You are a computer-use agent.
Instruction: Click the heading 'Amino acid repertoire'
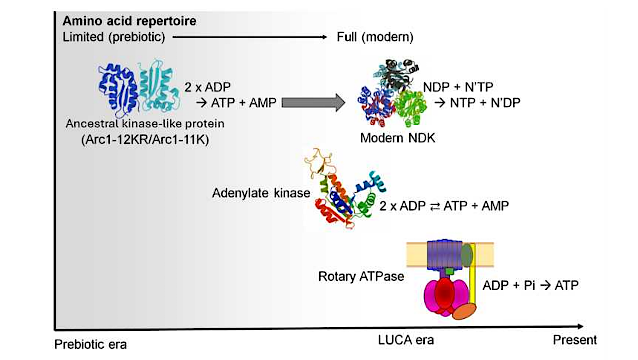pyautogui.click(x=129, y=22)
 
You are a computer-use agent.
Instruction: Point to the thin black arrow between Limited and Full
pyautogui.click(x=248, y=37)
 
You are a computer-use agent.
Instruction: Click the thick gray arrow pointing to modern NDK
pyautogui.click(x=312, y=103)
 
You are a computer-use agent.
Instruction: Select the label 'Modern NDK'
pyautogui.click(x=397, y=138)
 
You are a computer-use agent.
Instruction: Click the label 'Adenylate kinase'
pyautogui.click(x=261, y=193)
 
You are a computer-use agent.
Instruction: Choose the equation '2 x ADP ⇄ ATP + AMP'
pyautogui.click(x=444, y=206)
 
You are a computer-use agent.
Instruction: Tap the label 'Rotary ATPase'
pyautogui.click(x=361, y=276)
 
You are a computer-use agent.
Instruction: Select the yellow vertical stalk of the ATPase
pyautogui.click(x=473, y=280)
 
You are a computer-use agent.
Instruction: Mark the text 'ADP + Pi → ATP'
pyautogui.click(x=530, y=286)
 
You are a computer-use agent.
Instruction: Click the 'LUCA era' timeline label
pyautogui.click(x=405, y=340)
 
